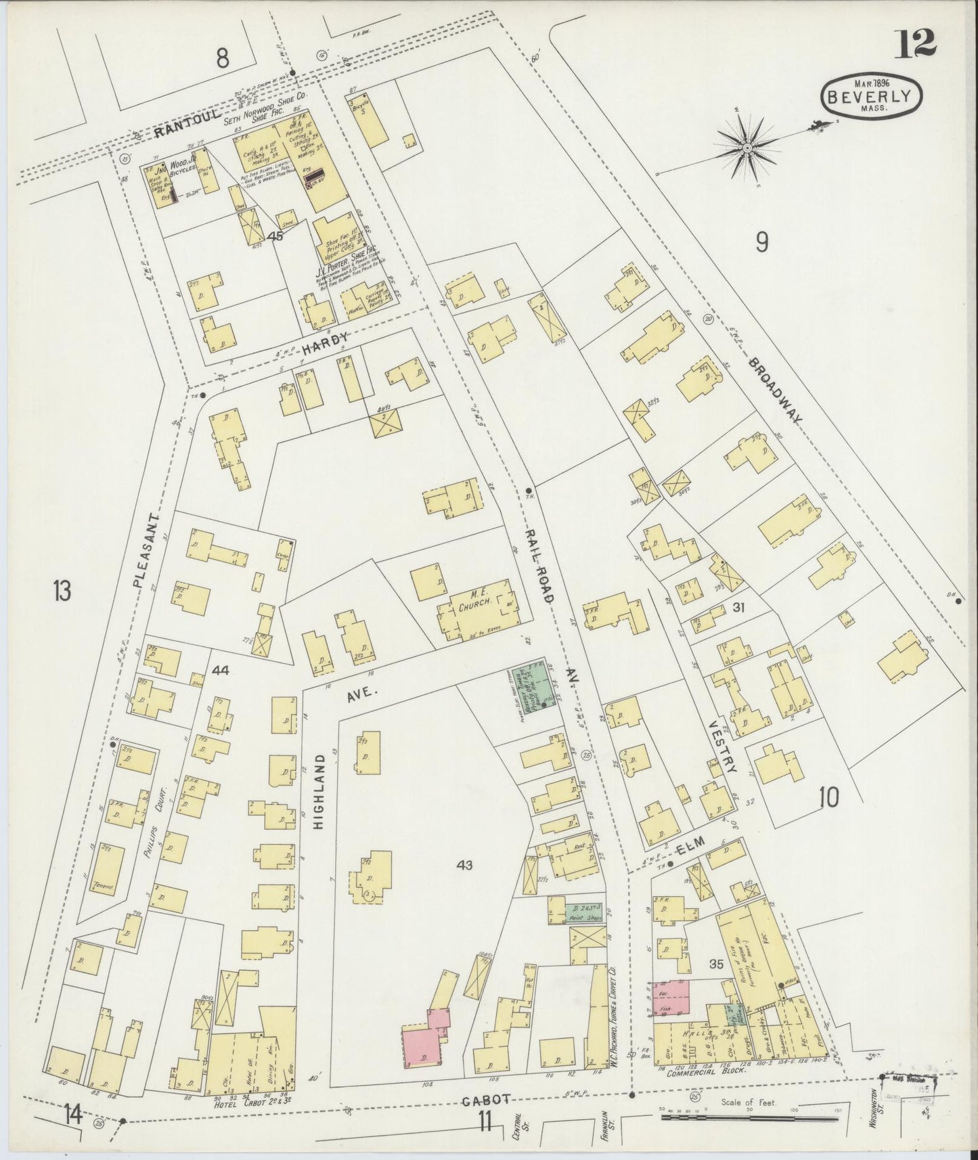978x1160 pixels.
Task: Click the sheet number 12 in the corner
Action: click(917, 45)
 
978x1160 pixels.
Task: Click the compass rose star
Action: click(747, 148)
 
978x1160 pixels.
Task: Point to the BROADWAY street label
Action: click(776, 391)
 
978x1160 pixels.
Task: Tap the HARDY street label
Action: click(326, 344)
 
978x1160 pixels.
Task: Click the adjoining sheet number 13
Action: click(62, 592)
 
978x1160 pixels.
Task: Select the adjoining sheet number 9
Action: click(761, 242)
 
